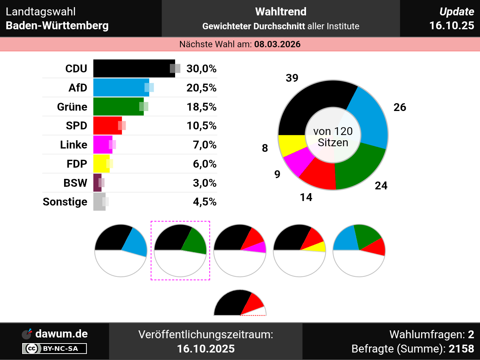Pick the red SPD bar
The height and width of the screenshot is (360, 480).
click(107, 126)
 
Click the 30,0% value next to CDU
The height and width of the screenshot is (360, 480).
click(201, 69)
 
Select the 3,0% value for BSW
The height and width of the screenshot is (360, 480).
click(204, 183)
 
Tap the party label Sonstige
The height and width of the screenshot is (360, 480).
click(65, 202)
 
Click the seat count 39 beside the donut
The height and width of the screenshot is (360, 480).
click(292, 78)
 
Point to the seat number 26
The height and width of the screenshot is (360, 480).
click(400, 107)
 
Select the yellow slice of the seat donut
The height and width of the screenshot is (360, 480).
click(291, 144)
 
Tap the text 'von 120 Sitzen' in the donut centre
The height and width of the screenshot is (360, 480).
click(333, 137)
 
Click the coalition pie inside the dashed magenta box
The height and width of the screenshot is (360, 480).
click(180, 250)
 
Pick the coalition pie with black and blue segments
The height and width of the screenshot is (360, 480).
click(121, 250)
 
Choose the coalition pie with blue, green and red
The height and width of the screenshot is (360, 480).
click(359, 250)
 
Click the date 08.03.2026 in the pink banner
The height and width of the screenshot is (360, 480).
click(277, 44)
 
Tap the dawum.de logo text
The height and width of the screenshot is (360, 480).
click(61, 334)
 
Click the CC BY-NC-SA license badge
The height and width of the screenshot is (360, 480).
click(54, 349)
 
